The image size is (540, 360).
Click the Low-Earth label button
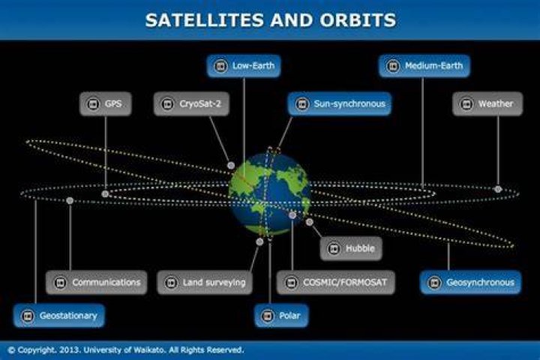(x=244, y=66)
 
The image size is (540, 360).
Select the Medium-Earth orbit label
(x=424, y=66)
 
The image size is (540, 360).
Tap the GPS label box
(x=106, y=103)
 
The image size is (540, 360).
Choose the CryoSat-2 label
(x=191, y=103)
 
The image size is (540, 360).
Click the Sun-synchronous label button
(x=340, y=103)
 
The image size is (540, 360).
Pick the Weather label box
(x=487, y=103)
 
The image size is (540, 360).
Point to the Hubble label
(x=351, y=248)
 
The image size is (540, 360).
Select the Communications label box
(x=97, y=283)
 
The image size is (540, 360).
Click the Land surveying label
(x=205, y=283)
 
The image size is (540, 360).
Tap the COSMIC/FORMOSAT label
(x=336, y=283)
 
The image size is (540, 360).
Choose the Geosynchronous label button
(x=471, y=283)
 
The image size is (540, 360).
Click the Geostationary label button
(x=59, y=316)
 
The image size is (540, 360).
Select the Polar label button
(x=281, y=316)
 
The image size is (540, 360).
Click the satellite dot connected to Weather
(x=498, y=189)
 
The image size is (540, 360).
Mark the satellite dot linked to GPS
(x=105, y=194)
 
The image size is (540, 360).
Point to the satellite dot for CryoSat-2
(x=231, y=166)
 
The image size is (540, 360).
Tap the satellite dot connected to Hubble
(x=310, y=222)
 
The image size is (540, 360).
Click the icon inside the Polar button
(x=268, y=316)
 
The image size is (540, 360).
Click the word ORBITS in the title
(x=358, y=20)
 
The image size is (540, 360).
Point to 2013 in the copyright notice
(x=70, y=350)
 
